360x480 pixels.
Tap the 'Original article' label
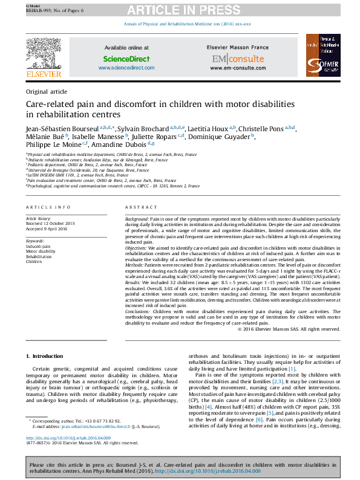(46, 91)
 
